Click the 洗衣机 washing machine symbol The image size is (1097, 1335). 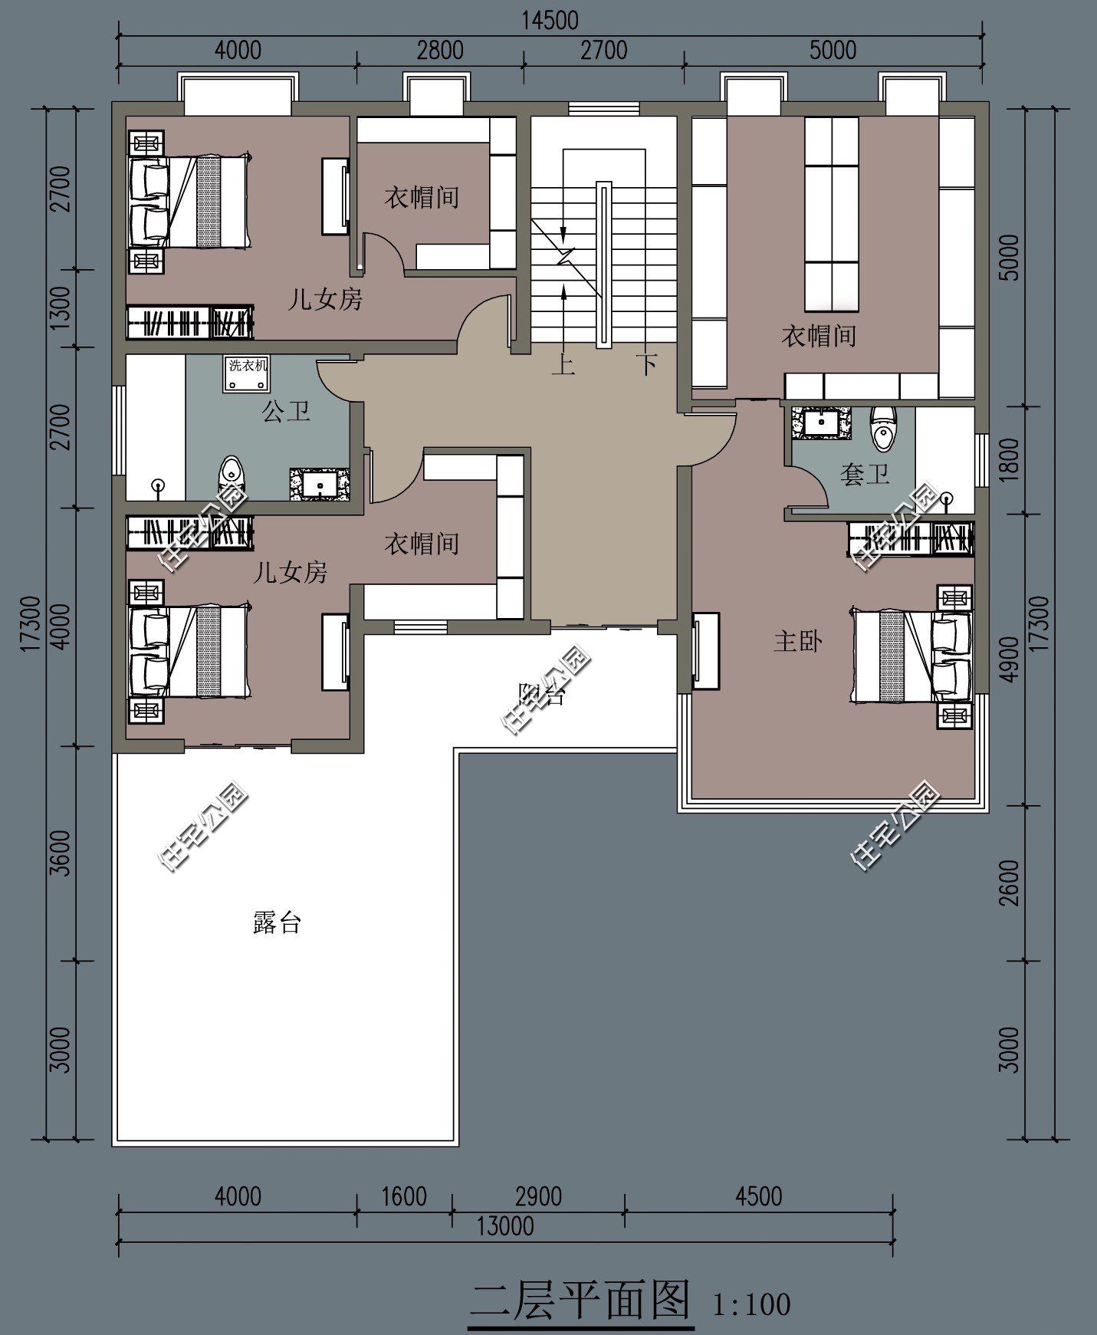[246, 373]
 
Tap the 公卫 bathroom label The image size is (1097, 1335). [286, 412]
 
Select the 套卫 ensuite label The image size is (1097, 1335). [865, 474]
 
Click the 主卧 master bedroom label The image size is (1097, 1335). [798, 641]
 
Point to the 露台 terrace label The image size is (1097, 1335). [277, 922]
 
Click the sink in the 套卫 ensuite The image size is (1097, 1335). [822, 423]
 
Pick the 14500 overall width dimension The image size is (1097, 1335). [550, 20]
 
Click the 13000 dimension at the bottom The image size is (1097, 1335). [505, 1225]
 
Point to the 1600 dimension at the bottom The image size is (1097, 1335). [404, 1196]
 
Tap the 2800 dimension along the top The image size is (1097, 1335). [440, 51]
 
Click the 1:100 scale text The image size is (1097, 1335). [751, 1304]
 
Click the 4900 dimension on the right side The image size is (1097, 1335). [1011, 659]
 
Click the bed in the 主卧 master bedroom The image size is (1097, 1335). [911, 656]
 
